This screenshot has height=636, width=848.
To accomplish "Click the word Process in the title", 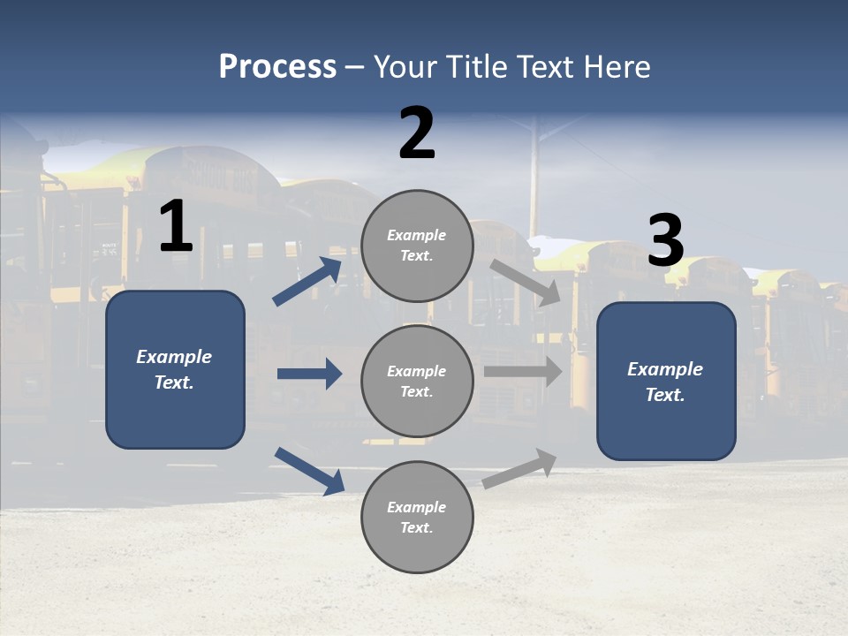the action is coord(277,67).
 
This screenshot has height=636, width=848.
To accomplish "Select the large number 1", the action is coord(176,227).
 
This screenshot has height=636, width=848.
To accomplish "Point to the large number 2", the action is coord(417,133).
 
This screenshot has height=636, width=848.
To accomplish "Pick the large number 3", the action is coord(665,240).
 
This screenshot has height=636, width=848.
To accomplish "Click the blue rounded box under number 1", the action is coord(175,369).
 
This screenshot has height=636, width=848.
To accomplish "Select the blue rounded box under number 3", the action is coord(666,381).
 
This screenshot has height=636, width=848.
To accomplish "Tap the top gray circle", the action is coord(417,246).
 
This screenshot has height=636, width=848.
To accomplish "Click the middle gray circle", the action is coord(417,381).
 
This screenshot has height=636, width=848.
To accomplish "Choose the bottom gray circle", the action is coord(417,517).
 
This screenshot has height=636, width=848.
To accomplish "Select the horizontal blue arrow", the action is coord(309,374).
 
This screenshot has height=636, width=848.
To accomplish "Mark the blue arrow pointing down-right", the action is coord(309,471).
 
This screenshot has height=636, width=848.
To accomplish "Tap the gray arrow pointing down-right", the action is coord(526,283).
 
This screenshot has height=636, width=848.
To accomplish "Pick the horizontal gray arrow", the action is coord(522,372).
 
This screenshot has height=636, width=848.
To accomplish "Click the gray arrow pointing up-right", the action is coord(519,469).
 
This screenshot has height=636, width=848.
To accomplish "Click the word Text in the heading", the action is coord(545,67).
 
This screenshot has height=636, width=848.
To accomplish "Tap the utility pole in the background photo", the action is coord(534,177).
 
